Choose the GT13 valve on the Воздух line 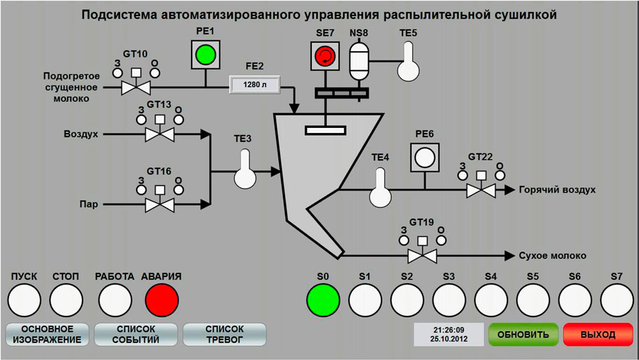160,134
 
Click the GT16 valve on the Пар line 160,205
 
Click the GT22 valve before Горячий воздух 481,190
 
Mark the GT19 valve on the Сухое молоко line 422,256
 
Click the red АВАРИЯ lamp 162,298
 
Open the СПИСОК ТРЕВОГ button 224,334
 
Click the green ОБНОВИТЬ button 523,334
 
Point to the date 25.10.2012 449,339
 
